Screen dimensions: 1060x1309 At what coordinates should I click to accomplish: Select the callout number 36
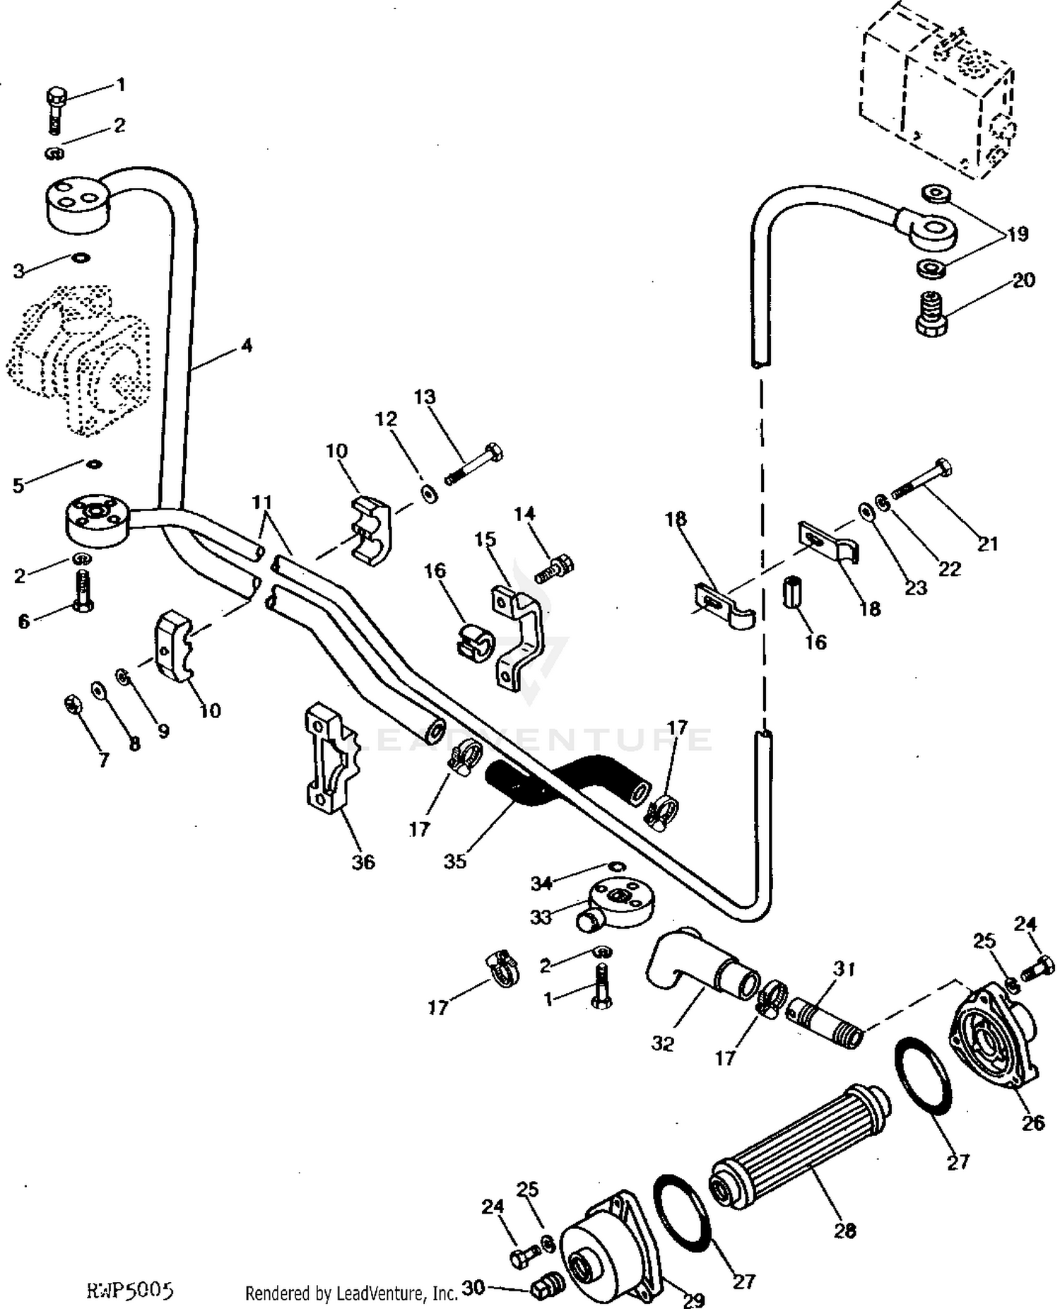click(363, 862)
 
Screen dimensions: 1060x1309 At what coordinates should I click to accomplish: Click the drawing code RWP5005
click(129, 1291)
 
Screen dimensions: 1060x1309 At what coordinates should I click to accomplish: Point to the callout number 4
click(246, 346)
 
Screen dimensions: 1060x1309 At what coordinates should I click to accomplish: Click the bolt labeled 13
click(474, 464)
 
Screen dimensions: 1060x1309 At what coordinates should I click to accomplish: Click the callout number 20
click(1023, 280)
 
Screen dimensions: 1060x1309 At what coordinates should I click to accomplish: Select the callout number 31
click(844, 968)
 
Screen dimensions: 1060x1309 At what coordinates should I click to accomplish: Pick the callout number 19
click(1018, 234)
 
